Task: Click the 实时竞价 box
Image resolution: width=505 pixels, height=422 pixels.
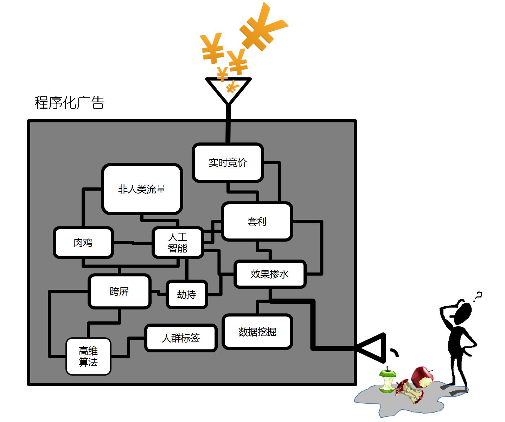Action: coord(228,162)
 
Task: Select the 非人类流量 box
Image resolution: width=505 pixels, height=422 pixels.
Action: coord(142,189)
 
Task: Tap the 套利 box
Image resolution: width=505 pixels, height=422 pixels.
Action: coord(257,221)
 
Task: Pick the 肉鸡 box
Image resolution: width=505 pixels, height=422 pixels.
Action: coord(83,242)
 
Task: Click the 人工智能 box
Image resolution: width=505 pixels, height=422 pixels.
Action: coord(178,242)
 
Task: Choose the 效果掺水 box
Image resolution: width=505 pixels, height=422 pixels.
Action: coord(270,274)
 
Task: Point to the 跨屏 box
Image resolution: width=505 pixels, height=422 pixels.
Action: coord(119,291)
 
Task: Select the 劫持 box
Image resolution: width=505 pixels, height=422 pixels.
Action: coord(186,294)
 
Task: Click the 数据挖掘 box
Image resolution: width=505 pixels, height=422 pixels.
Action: coord(257,332)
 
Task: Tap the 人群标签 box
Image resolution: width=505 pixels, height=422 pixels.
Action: coord(181,338)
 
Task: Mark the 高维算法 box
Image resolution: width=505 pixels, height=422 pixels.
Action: coord(88,356)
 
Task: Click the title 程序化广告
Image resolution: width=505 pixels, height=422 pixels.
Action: coord(70,102)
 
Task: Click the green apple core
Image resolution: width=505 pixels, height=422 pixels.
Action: coord(387,381)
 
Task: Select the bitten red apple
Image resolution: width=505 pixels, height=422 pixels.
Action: coord(422,377)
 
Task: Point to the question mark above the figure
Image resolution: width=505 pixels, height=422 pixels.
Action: coord(478,297)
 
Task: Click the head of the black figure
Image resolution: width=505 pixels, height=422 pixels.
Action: coord(462,313)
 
